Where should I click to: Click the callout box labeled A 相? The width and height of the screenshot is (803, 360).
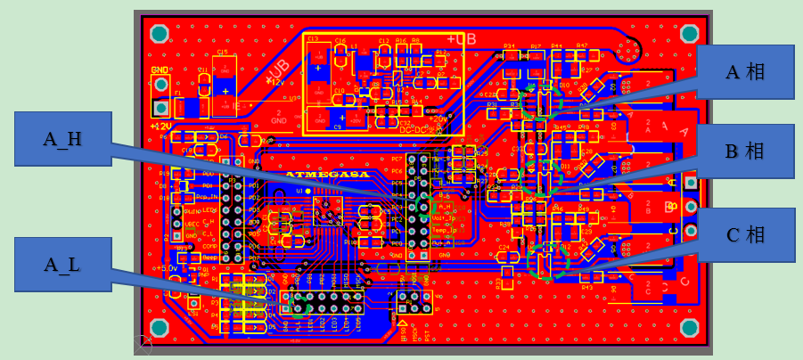point(745,71)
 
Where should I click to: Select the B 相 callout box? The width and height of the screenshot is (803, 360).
point(745,151)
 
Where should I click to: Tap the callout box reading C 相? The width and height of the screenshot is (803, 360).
point(745,235)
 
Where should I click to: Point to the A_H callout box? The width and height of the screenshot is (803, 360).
point(63,138)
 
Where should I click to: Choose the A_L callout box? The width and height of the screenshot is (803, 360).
point(63,264)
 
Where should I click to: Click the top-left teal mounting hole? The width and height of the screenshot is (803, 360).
point(160,35)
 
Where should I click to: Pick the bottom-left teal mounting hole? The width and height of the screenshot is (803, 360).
point(160,327)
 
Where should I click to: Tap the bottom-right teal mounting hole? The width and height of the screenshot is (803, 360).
point(688,329)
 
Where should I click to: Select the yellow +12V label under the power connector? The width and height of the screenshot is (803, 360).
point(160,127)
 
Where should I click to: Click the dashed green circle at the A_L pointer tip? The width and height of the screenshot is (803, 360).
point(297,306)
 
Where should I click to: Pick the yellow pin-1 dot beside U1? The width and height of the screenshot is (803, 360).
point(308,191)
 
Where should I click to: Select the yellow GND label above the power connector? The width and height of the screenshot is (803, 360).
point(159,70)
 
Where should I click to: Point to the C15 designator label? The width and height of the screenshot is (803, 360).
point(222,53)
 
